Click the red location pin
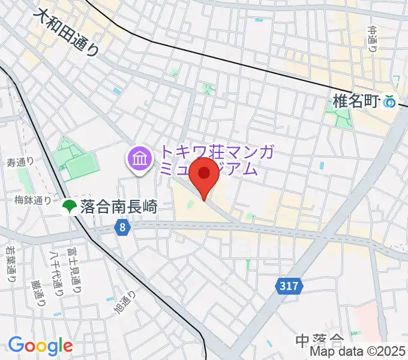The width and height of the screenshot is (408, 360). tap(204, 175)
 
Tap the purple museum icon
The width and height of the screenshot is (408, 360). tap(139, 159)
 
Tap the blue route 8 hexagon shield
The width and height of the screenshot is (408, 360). tap(122, 227)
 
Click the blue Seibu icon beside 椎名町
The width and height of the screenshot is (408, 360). tap(391, 103)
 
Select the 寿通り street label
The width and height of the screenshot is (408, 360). tap(20, 162)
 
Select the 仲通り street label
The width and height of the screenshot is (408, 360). tap(373, 38)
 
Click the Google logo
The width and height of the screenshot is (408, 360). tap(41, 346)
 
